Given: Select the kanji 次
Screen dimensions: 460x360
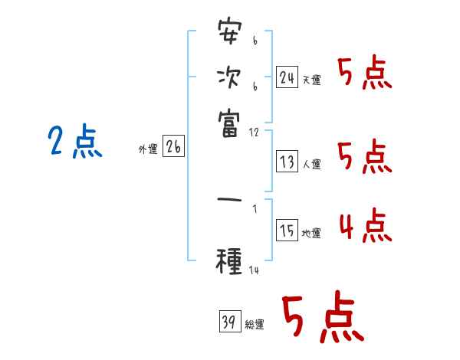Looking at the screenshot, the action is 229,78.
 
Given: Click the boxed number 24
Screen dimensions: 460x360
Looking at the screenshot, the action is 287,77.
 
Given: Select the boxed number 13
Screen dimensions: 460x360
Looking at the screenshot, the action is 287,162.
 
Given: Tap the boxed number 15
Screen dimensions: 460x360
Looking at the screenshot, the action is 287,232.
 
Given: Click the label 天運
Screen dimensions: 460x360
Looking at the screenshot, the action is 312,80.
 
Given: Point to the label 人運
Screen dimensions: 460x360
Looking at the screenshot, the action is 312,164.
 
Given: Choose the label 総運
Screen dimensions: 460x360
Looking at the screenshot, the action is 255,324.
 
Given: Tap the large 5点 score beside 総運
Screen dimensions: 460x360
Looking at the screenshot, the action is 322,318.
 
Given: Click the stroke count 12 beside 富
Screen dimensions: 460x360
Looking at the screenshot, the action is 255,132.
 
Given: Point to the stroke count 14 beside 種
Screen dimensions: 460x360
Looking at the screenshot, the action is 255,270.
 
